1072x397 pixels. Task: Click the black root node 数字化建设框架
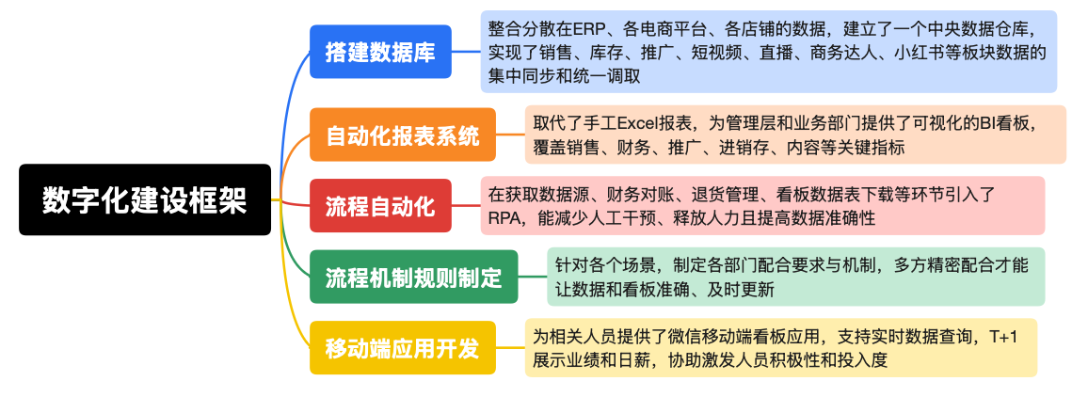point(145,199)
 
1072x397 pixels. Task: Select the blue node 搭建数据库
point(380,52)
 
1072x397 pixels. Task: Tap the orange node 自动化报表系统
point(403,135)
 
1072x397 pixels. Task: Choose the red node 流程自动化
point(380,206)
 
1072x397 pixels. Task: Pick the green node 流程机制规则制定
point(413,277)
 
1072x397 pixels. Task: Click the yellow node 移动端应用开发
point(403,348)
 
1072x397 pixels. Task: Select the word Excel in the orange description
point(642,123)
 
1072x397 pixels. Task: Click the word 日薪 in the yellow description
point(642,359)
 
